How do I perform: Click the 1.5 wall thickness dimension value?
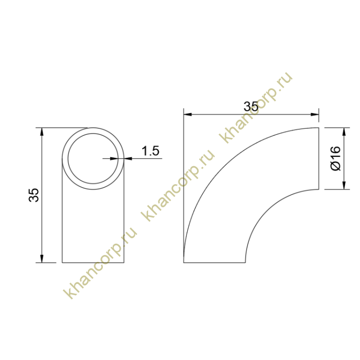click(x=150, y=151)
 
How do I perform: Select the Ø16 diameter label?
click(x=335, y=158)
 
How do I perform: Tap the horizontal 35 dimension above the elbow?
click(x=251, y=106)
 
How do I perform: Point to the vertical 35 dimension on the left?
click(x=34, y=195)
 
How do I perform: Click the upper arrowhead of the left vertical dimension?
click(x=42, y=132)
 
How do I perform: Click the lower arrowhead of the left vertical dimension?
click(x=42, y=258)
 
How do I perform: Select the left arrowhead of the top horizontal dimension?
click(x=188, y=114)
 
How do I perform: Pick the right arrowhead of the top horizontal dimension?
click(x=315, y=114)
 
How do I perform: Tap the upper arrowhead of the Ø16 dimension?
click(x=344, y=132)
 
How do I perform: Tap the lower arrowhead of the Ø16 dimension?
click(x=344, y=185)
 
